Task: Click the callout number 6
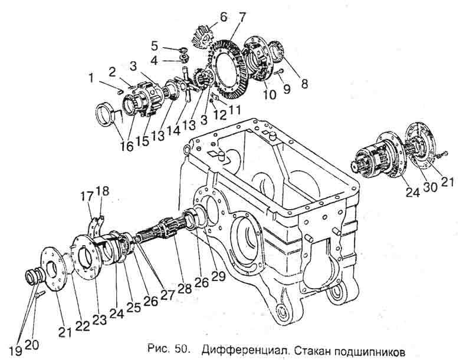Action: point(223,17)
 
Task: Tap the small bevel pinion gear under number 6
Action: point(203,37)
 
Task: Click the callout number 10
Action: point(269,94)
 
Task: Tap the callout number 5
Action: point(155,46)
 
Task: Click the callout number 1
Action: point(91,78)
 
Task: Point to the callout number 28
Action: point(185,288)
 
